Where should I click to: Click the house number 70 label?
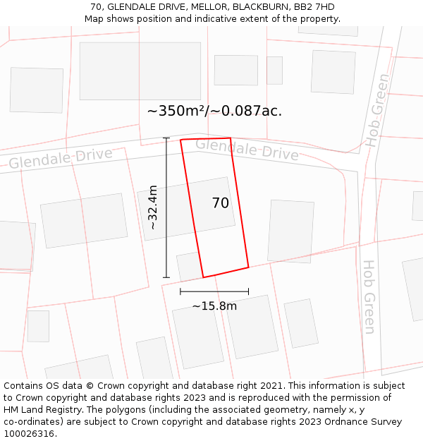(221, 203)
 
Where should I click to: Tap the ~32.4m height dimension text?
(153, 207)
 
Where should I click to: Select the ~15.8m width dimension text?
(214, 306)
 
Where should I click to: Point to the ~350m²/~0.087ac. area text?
(214, 111)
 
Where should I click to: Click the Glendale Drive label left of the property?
(61, 158)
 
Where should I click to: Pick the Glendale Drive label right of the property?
(247, 149)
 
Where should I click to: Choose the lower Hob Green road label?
(369, 296)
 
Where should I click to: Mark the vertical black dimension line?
(166, 207)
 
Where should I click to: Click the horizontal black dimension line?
(214, 291)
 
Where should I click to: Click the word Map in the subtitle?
(95, 19)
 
